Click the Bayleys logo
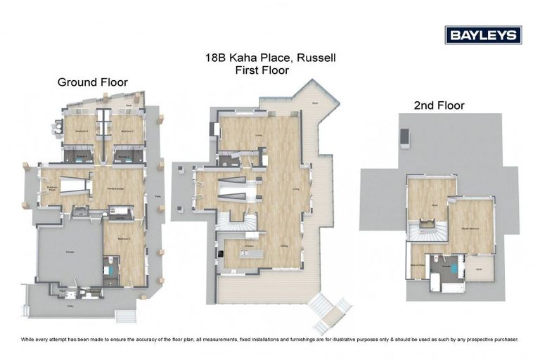(482, 35)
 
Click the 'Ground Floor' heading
(92, 82)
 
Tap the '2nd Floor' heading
(439, 105)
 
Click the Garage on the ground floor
(70, 251)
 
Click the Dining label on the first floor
(283, 245)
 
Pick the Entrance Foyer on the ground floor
(51, 188)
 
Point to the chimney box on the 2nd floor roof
(405, 139)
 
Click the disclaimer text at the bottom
(270, 339)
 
